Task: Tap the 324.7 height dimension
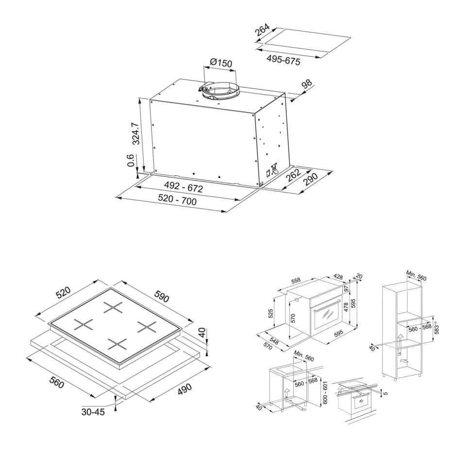136,133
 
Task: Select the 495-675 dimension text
283,60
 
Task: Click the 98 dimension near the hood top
307,84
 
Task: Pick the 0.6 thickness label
131,161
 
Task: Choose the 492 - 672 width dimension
183,187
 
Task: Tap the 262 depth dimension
294,175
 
